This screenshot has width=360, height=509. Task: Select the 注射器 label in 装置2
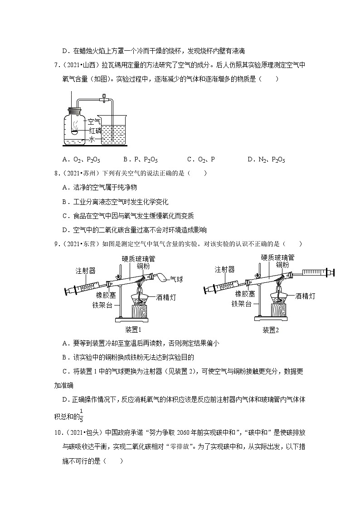(x=225, y=269)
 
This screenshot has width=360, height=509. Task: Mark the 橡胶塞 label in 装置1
(x=106, y=295)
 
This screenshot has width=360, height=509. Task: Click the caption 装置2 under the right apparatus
(x=271, y=330)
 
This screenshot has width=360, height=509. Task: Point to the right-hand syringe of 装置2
(x=317, y=272)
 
